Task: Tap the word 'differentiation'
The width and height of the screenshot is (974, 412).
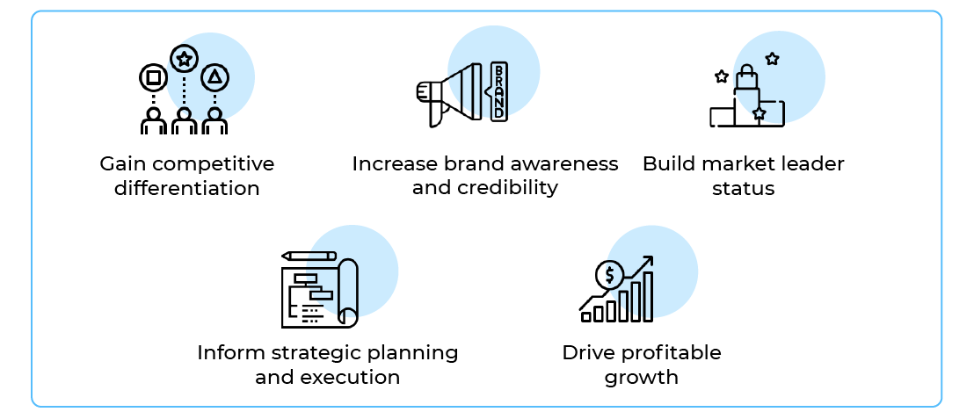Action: tap(186, 188)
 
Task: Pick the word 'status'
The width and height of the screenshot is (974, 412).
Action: tap(743, 188)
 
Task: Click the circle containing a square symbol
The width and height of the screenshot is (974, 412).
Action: tap(153, 78)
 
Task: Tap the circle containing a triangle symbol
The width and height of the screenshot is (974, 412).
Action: tap(214, 78)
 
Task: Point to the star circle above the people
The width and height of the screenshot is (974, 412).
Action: tap(184, 60)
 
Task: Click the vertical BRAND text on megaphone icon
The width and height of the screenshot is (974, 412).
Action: tap(498, 91)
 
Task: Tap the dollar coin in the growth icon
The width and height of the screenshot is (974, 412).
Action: tap(607, 276)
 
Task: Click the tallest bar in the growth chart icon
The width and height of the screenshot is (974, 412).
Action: tap(648, 296)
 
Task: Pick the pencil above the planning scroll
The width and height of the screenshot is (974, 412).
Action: tap(309, 256)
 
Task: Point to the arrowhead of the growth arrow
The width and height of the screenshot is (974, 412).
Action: tap(649, 261)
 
